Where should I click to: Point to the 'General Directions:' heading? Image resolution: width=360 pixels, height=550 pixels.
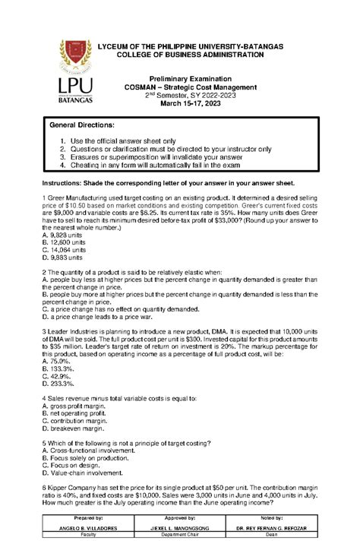(81, 124)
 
